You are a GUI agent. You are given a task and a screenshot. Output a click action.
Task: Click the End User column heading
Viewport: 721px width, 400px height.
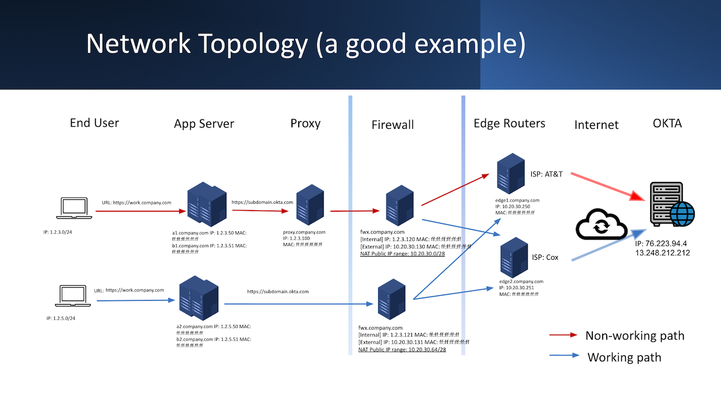(94, 123)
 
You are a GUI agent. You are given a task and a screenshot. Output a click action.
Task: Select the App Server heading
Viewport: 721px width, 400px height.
(204, 124)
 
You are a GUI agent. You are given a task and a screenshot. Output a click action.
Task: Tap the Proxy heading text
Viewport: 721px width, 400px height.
(305, 124)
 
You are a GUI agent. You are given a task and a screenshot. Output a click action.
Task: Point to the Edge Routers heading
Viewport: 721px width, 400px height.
(509, 124)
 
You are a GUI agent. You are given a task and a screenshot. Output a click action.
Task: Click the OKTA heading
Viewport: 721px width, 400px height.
(667, 123)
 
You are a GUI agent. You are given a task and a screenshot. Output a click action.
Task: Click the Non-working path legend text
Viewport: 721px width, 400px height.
(634, 336)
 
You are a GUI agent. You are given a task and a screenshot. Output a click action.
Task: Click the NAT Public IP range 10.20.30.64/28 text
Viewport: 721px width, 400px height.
(402, 350)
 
